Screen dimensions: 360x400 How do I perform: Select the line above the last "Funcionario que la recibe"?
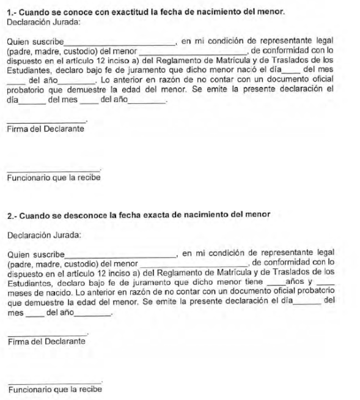tap(55, 382)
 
